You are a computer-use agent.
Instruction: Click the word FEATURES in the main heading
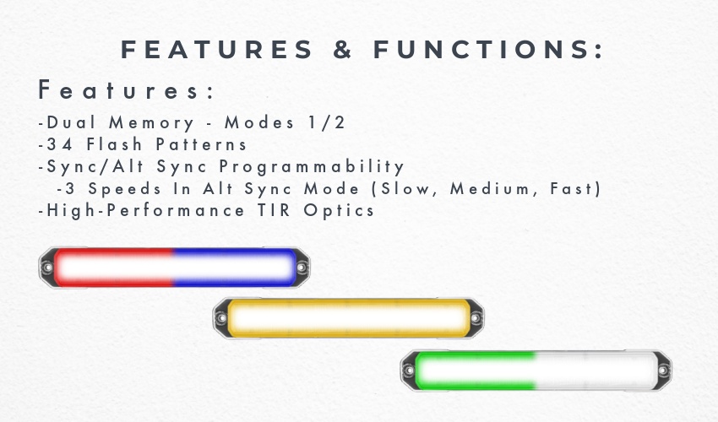(216, 50)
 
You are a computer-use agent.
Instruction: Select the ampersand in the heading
(342, 50)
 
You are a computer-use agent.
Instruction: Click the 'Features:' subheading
(127, 89)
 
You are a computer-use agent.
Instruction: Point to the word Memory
(151, 123)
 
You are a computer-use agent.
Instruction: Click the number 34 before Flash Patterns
(60, 144)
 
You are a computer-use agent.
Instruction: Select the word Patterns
(202, 144)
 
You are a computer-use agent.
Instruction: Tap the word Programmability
(312, 167)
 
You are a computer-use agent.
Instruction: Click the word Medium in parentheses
(490, 188)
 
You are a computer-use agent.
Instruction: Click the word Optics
(339, 211)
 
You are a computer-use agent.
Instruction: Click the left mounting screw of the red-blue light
(47, 268)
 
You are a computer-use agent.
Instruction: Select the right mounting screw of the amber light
(476, 317)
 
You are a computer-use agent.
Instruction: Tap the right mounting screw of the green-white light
(663, 371)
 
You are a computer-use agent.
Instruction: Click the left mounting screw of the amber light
(221, 318)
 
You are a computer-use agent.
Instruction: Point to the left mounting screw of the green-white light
(409, 371)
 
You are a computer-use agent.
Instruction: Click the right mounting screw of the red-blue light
(302, 268)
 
